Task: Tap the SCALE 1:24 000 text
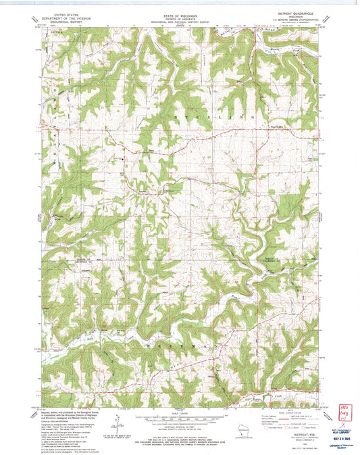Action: pyautogui.click(x=180, y=409)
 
